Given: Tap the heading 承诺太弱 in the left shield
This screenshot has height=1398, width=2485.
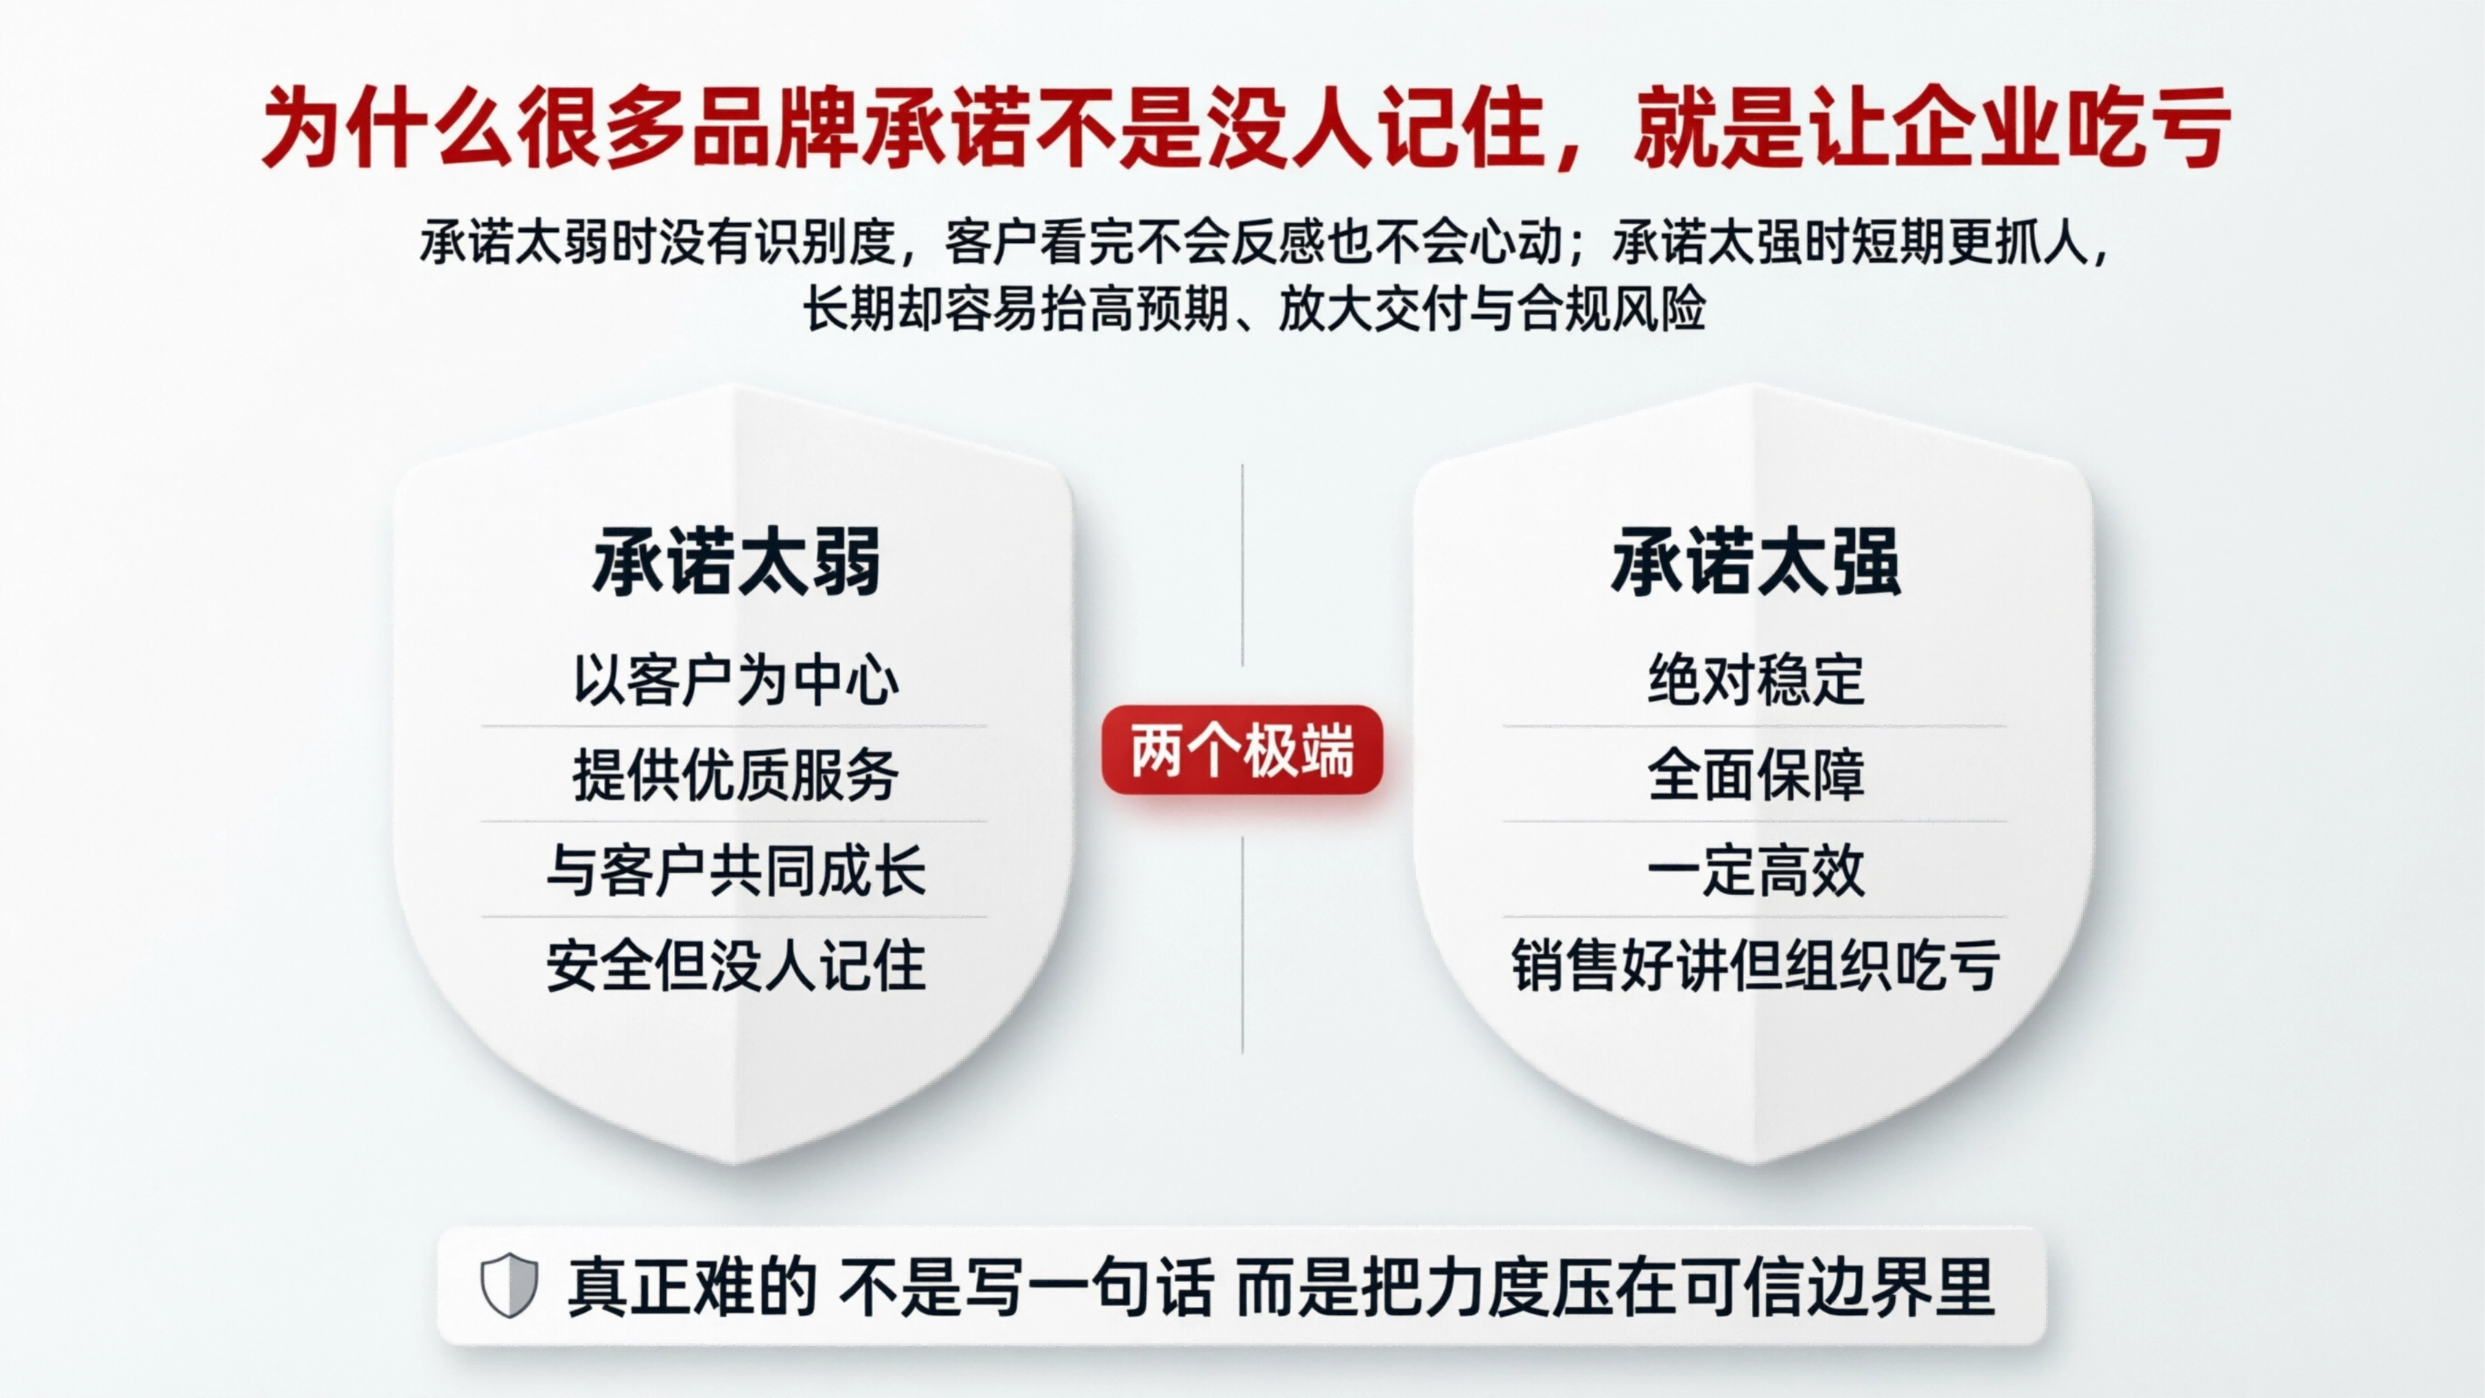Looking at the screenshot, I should [737, 562].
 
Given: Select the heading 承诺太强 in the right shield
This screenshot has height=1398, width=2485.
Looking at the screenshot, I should [1756, 562].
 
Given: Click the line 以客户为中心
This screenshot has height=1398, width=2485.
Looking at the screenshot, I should [736, 680].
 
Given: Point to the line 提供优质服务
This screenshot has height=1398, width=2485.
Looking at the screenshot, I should [736, 774].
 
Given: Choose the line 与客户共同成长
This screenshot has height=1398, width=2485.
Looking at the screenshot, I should [736, 870].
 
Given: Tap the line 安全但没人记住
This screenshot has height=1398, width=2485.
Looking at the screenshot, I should [736, 966].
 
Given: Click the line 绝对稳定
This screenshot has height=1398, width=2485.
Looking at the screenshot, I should [1756, 680].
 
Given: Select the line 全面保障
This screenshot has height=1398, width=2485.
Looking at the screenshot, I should [1756, 774].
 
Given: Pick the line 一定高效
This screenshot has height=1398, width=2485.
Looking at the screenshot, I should [1756, 870].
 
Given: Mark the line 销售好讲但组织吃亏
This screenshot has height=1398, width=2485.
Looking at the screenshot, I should [1756, 966].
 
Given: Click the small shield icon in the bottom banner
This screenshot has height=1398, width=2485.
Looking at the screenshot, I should [509, 1286].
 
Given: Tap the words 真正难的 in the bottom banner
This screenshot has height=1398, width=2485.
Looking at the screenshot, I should [691, 1287].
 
